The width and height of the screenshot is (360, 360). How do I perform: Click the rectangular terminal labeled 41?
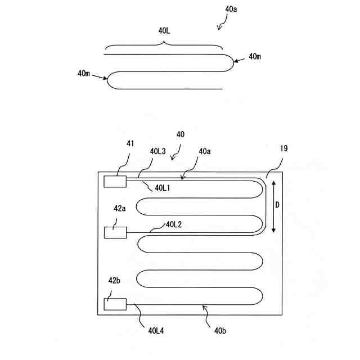(115, 181)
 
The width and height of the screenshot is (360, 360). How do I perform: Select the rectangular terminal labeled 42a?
(115, 232)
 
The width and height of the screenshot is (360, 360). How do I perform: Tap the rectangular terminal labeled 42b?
(115, 304)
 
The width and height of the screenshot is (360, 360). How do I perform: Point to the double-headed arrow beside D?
(273, 206)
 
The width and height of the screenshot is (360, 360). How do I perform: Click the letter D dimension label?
(277, 206)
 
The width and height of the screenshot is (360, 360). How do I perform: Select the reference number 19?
(283, 150)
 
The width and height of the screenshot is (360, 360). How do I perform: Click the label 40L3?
(158, 151)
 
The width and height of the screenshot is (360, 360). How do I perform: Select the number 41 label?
(130, 143)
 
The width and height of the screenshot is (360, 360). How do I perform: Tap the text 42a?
(120, 208)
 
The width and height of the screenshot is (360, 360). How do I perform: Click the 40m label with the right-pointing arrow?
(85, 73)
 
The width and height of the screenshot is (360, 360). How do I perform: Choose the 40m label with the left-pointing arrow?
(254, 56)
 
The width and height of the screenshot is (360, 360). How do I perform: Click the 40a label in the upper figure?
(231, 10)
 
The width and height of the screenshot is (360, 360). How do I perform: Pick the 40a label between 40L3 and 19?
(205, 151)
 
